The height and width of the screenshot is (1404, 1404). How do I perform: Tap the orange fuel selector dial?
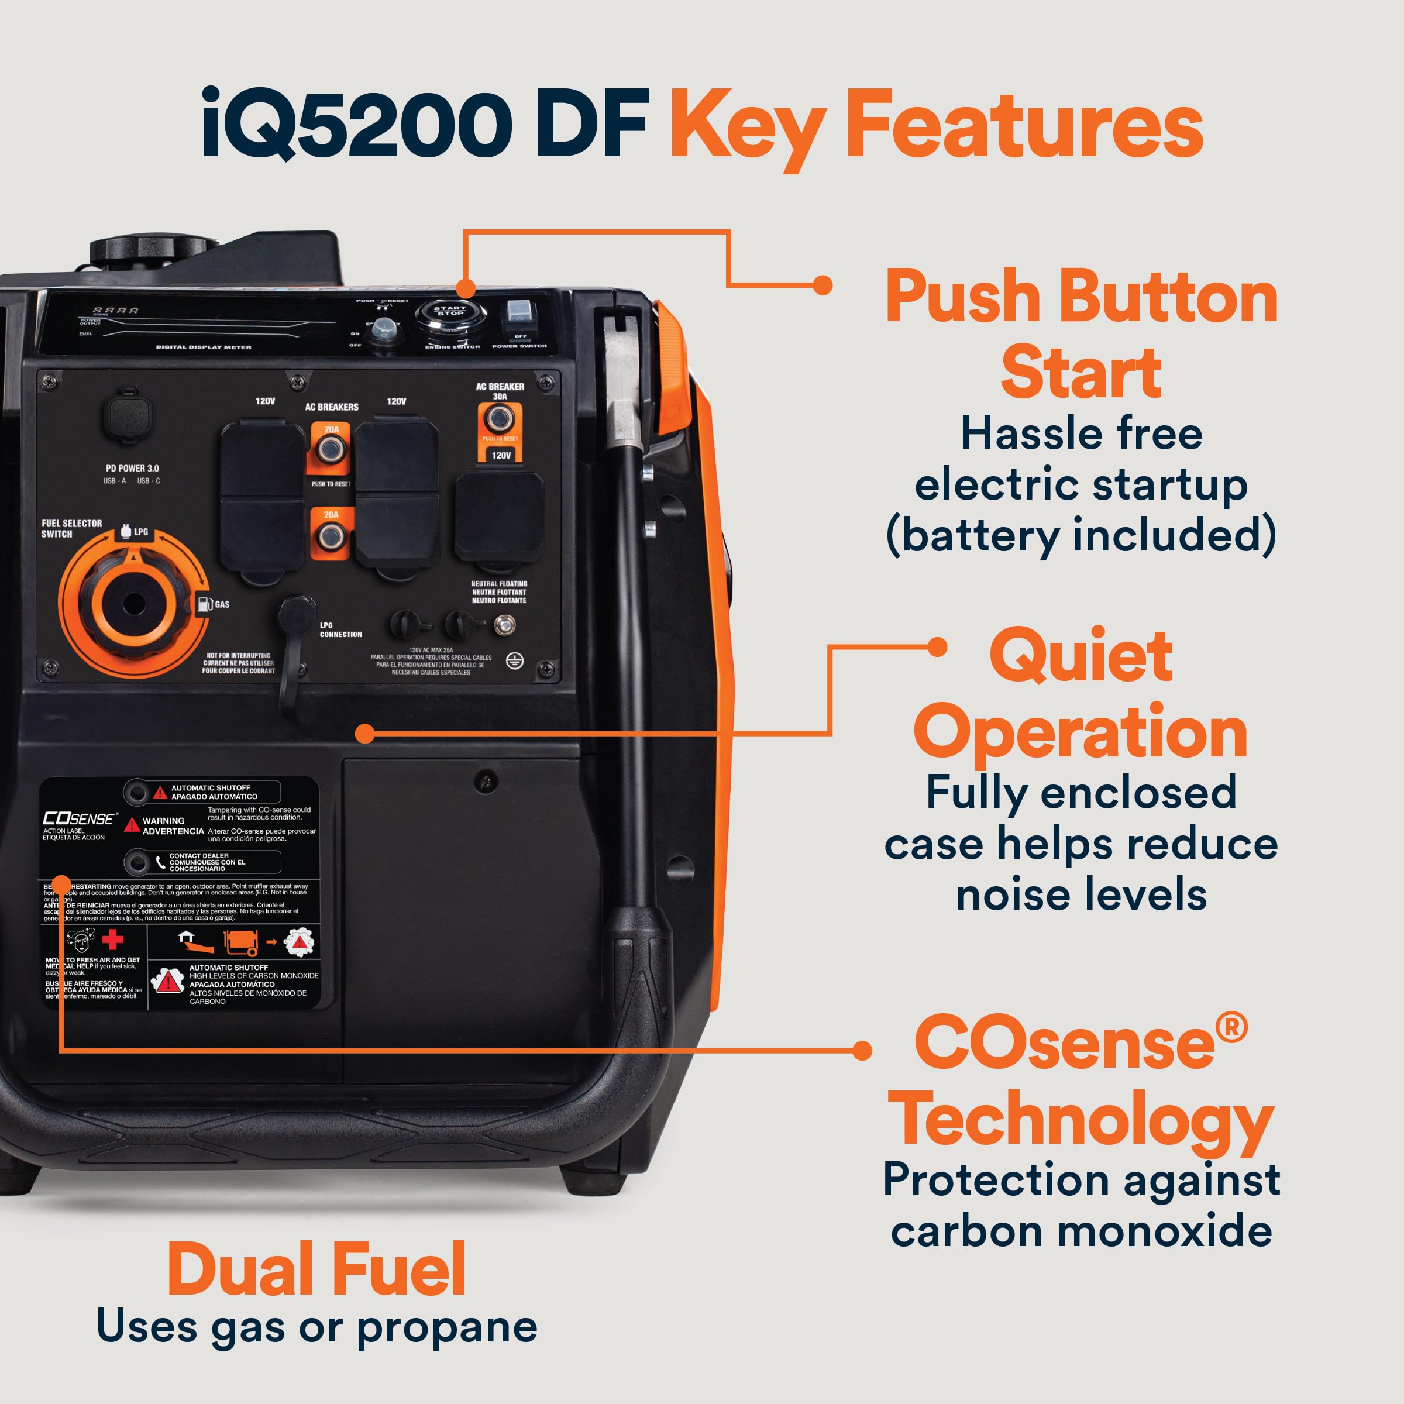(133, 603)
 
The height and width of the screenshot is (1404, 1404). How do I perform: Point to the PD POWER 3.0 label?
(132, 468)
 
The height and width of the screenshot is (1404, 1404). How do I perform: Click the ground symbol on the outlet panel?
(515, 660)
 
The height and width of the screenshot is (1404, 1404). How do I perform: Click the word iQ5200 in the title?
(356, 123)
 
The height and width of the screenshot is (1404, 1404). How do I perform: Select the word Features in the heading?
(1025, 125)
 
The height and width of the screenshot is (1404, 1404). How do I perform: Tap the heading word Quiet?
(1080, 656)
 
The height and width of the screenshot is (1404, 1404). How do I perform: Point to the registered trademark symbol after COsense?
(1232, 1028)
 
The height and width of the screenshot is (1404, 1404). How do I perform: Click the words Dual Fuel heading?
(317, 1269)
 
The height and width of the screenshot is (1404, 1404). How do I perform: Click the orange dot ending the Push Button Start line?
(823, 285)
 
